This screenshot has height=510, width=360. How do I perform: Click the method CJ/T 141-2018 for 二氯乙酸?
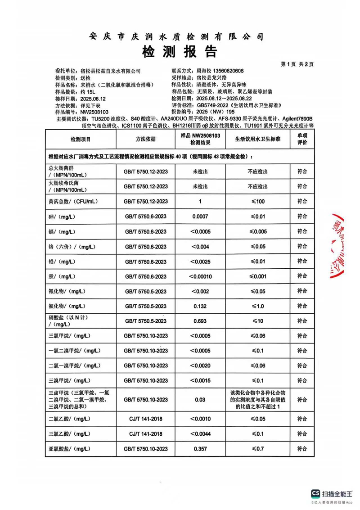(x=145, y=419)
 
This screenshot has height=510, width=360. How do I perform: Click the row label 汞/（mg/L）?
(x=61, y=276)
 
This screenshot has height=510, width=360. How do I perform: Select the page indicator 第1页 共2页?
(x=297, y=64)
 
